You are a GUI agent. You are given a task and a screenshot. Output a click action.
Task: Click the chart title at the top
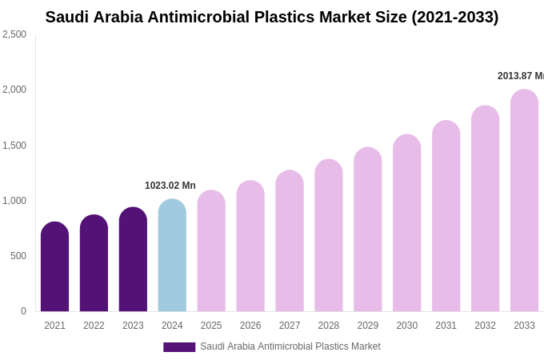(272, 17)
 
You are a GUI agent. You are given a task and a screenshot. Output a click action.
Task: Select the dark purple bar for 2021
(54, 268)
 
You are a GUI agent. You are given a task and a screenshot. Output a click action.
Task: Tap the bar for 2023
(133, 260)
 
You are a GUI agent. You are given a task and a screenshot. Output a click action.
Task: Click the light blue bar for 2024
(172, 256)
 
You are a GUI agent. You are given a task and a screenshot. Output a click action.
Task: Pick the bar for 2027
(290, 242)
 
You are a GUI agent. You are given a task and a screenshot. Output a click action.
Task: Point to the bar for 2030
(406, 224)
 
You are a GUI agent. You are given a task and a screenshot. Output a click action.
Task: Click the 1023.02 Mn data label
(170, 186)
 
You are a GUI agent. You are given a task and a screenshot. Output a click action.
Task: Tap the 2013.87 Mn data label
(520, 76)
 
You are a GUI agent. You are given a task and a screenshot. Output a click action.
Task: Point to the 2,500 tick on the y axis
(14, 34)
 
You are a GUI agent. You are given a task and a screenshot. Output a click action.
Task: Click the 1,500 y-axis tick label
(14, 146)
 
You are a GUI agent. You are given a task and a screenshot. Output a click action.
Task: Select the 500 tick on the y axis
(18, 256)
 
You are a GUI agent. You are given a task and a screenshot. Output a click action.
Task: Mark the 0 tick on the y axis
(23, 311)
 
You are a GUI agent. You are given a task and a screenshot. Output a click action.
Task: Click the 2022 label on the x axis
(94, 326)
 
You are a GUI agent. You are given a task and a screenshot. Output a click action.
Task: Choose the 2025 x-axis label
(211, 326)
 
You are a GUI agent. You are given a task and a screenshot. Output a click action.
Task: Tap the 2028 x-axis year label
(329, 326)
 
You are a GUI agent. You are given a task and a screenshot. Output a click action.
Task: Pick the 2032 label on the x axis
(485, 326)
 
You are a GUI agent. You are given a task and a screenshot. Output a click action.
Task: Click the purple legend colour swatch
(179, 347)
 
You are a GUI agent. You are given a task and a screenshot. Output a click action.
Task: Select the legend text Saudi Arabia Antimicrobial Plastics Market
(290, 346)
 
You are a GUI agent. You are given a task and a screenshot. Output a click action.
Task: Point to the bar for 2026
(250, 247)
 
